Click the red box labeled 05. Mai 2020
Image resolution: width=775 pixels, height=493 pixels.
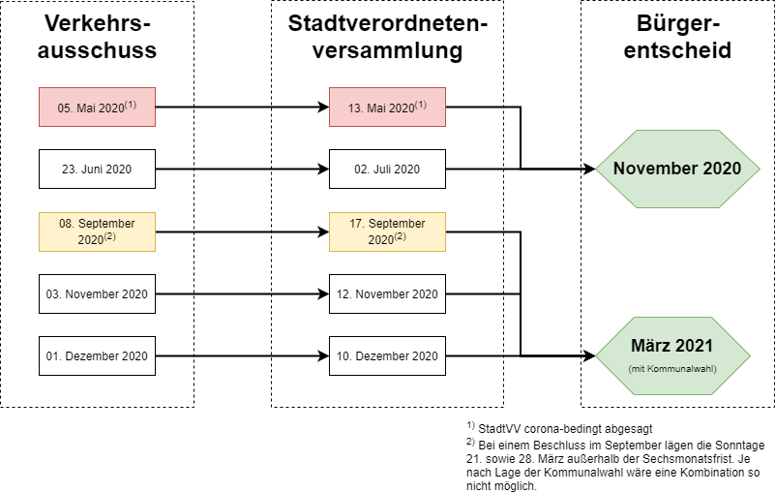coord(97,107)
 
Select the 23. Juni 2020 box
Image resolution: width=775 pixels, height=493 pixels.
coord(97,169)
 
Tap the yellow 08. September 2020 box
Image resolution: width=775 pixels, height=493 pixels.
coord(97,231)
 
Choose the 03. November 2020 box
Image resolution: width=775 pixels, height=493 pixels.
coord(97,294)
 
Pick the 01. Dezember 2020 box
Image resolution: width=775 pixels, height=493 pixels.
coord(97,355)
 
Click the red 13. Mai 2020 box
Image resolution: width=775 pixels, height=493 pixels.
coord(387,107)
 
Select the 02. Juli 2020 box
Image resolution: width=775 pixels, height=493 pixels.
coord(387,169)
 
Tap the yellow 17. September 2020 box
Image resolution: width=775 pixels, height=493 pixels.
coord(387,231)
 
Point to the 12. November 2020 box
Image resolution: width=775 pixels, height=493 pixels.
coord(387,294)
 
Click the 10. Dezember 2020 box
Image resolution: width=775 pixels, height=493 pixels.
coord(387,355)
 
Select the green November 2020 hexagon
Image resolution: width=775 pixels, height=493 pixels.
coord(677,169)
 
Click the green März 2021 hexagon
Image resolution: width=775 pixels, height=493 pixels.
coord(672,355)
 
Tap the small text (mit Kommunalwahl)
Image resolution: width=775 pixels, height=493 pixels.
coord(672,369)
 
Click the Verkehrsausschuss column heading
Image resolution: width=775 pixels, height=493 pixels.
coord(97,37)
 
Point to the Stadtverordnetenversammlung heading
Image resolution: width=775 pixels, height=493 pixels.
coord(387,37)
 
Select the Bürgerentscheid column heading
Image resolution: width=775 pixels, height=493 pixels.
coord(677,37)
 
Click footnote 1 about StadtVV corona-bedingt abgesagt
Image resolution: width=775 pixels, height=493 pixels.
coord(559,428)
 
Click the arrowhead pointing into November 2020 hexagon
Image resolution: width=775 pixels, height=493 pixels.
coord(589,169)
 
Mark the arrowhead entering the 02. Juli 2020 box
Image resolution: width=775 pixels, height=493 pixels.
coord(323,169)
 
